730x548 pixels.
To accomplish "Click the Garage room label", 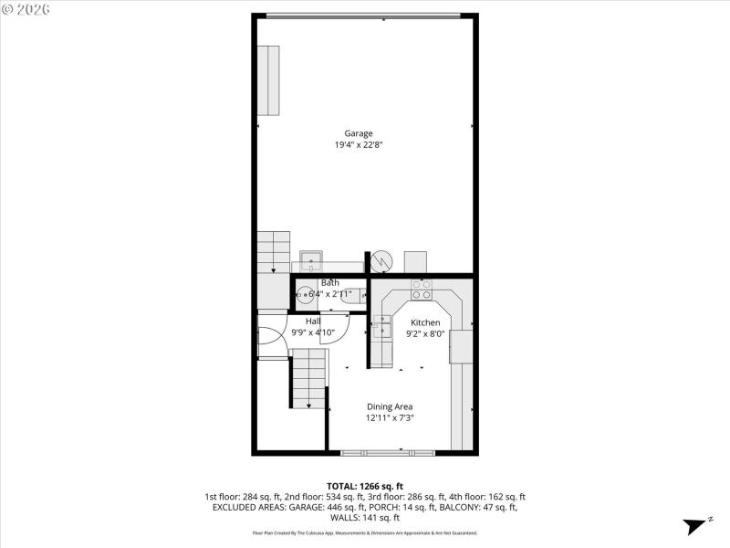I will tap(358, 133).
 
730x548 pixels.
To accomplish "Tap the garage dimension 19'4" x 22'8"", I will tap(358, 144).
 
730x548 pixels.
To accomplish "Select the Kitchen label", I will tap(425, 322).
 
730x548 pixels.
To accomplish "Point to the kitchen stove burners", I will tap(422, 290).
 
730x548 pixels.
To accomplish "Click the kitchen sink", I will tap(381, 326).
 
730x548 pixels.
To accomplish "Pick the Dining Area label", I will tap(390, 406).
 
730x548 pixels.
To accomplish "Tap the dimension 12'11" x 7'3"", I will tap(390, 417).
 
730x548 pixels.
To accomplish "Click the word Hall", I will tap(313, 321).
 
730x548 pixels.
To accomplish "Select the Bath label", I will tap(329, 283).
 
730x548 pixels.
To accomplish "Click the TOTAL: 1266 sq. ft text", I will tap(364, 486).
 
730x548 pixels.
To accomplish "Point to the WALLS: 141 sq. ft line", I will tap(364, 518).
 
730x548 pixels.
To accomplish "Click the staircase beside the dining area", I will tap(308, 378).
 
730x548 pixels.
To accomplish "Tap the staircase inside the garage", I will tap(273, 252).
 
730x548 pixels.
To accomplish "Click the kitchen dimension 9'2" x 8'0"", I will tap(425, 333).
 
